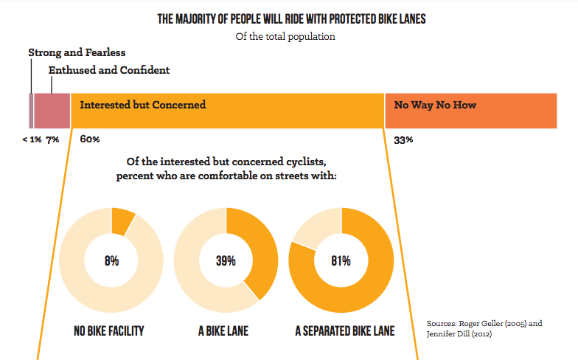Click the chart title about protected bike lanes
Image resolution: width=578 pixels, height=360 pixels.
point(291,18)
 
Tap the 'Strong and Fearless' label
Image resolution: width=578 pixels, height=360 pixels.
point(77,53)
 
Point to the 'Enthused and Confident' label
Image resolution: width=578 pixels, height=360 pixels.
point(109,71)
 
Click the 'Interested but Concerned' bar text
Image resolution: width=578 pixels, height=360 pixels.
point(142,105)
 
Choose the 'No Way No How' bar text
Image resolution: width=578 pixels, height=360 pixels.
point(435,105)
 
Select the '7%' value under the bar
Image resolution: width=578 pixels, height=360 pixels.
point(53,139)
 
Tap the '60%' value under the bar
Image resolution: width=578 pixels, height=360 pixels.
point(90,139)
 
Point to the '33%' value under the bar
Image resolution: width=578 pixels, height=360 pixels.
point(403,139)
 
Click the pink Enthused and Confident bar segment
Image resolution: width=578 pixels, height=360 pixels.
point(52,111)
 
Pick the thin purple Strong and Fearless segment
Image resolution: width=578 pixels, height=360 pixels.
point(31,111)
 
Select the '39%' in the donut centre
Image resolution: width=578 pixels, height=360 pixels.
point(226,261)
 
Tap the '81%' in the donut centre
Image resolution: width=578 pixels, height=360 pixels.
point(341,261)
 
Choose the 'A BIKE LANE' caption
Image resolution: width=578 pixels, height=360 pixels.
point(223,331)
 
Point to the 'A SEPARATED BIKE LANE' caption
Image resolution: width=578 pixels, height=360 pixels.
point(344,331)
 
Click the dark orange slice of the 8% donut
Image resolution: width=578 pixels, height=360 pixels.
point(122,222)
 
